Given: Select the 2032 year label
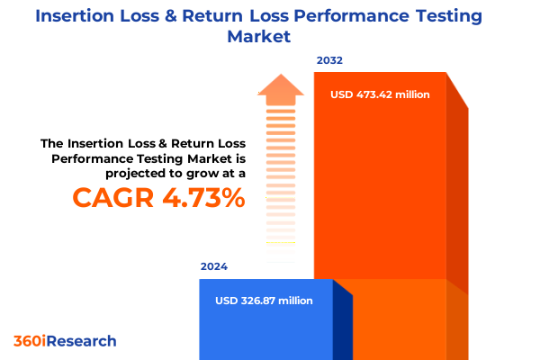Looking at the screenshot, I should [328, 61].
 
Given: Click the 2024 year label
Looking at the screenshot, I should [214, 266].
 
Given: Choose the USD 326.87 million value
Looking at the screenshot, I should [265, 301].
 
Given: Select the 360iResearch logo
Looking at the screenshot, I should [65, 341].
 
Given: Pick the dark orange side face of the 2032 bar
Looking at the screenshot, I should [458, 198].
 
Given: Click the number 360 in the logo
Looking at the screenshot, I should [27, 341].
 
